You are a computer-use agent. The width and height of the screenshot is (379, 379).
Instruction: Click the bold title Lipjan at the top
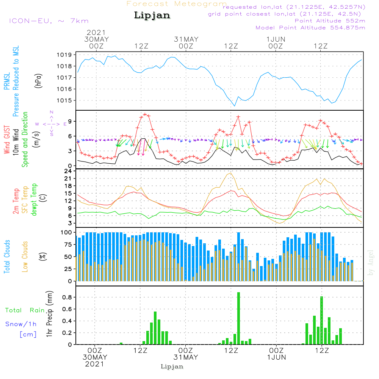152,15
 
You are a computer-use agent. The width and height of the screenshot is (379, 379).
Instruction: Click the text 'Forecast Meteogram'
177,4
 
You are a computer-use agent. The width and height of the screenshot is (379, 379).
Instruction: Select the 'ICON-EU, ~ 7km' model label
49,21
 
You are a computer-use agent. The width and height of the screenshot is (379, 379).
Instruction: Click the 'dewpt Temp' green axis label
34,200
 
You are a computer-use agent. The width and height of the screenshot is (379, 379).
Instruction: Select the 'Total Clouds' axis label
7,257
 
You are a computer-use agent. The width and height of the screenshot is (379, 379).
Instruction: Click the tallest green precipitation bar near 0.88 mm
238,318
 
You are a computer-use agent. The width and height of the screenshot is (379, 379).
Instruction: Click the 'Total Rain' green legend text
25,310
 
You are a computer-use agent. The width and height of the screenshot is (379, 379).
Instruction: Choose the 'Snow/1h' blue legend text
21,324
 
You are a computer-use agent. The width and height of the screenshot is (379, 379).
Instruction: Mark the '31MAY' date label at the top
186,39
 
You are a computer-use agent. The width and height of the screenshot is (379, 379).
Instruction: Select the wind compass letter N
52,112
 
